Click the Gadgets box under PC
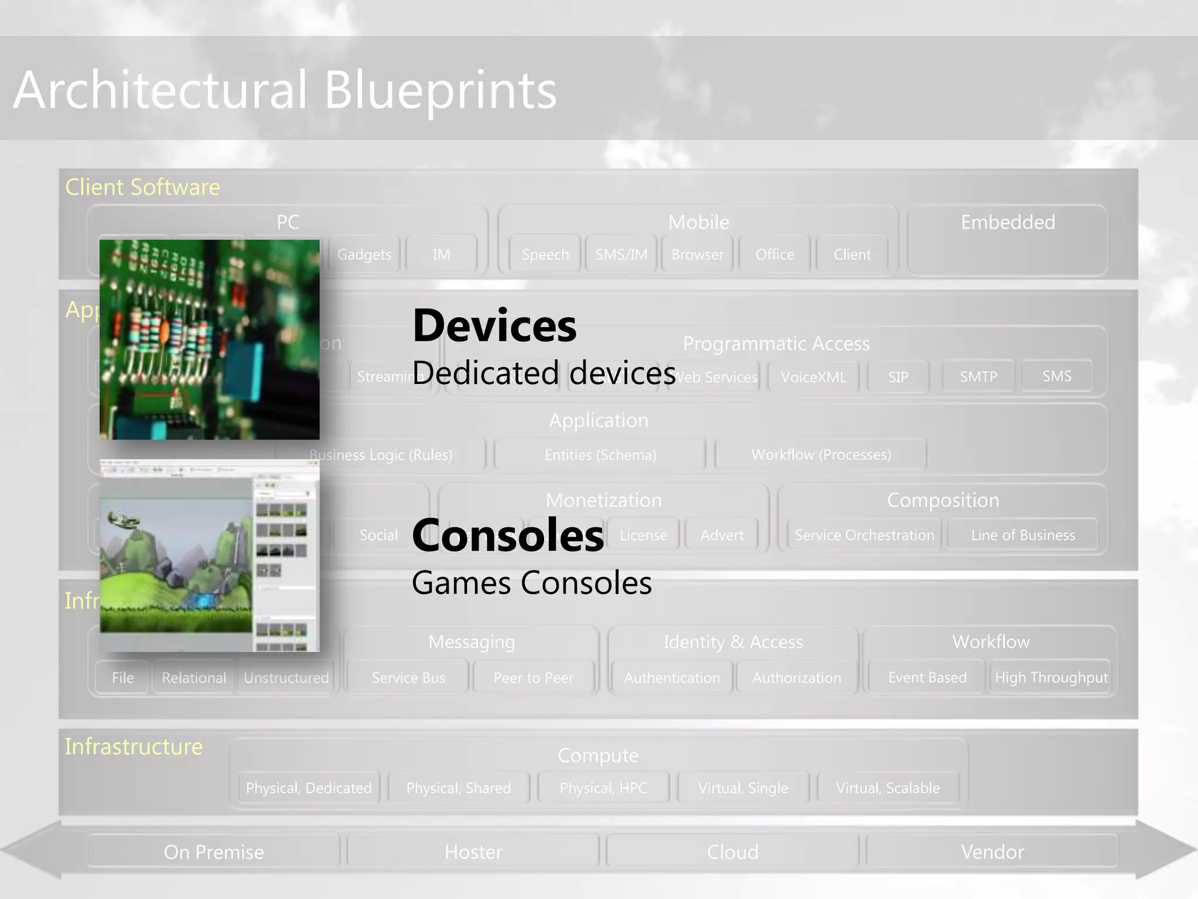click(364, 255)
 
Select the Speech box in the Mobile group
click(545, 255)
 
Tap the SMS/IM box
click(621, 255)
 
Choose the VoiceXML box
click(814, 377)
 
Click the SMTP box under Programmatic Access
click(979, 376)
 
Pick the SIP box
click(898, 377)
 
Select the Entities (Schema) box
click(600, 455)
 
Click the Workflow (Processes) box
click(821, 455)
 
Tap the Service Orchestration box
click(864, 535)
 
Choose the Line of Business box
click(1023, 535)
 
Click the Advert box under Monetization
click(722, 535)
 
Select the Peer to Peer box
click(533, 678)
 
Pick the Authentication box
click(672, 678)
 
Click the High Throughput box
click(1051, 678)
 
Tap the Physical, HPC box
click(603, 788)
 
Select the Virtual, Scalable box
click(888, 788)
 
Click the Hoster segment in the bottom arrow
click(473, 852)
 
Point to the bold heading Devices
click(494, 325)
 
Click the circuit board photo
click(209, 339)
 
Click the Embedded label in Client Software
click(1008, 222)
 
